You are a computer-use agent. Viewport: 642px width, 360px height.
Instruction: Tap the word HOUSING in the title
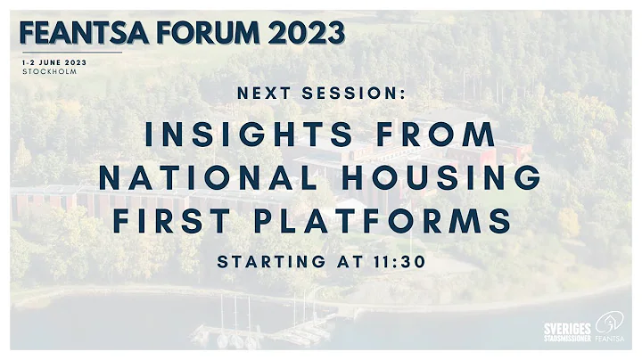coord(446,176)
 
